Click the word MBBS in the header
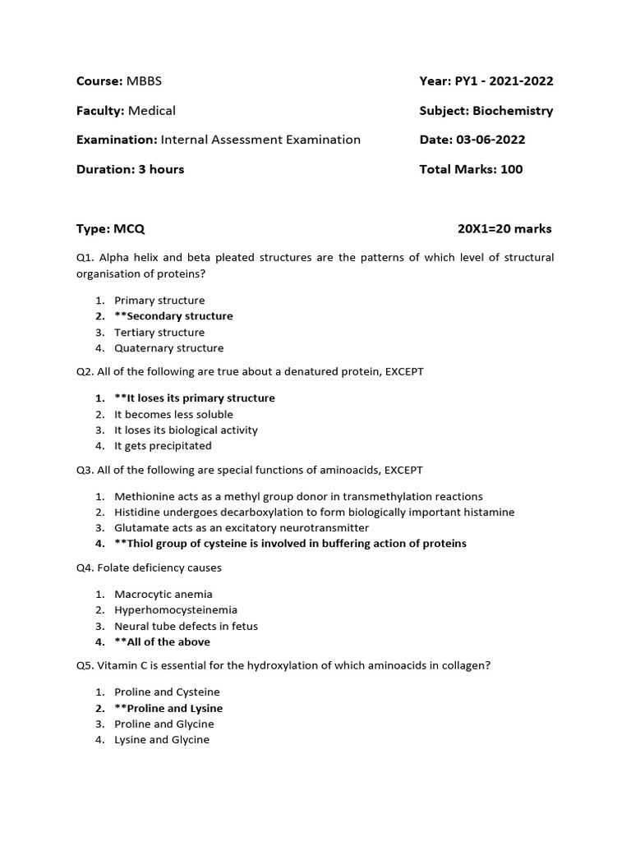pyautogui.click(x=150, y=80)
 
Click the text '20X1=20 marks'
pyautogui.click(x=504, y=228)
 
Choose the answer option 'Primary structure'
pyautogui.click(x=159, y=301)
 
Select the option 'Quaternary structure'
pyautogui.click(x=168, y=348)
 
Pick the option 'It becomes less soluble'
pyautogui.click(x=173, y=414)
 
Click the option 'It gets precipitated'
pyautogui.click(x=163, y=446)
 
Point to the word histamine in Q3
pyautogui.click(x=489, y=512)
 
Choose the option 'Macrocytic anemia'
pyautogui.click(x=164, y=594)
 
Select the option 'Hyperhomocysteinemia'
pyautogui.click(x=176, y=609)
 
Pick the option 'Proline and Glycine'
pyautogui.click(x=164, y=724)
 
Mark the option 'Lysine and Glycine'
pyautogui.click(x=162, y=740)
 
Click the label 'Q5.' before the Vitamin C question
pyautogui.click(x=85, y=665)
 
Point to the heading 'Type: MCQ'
pyautogui.click(x=110, y=228)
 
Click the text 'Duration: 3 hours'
pyautogui.click(x=130, y=169)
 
